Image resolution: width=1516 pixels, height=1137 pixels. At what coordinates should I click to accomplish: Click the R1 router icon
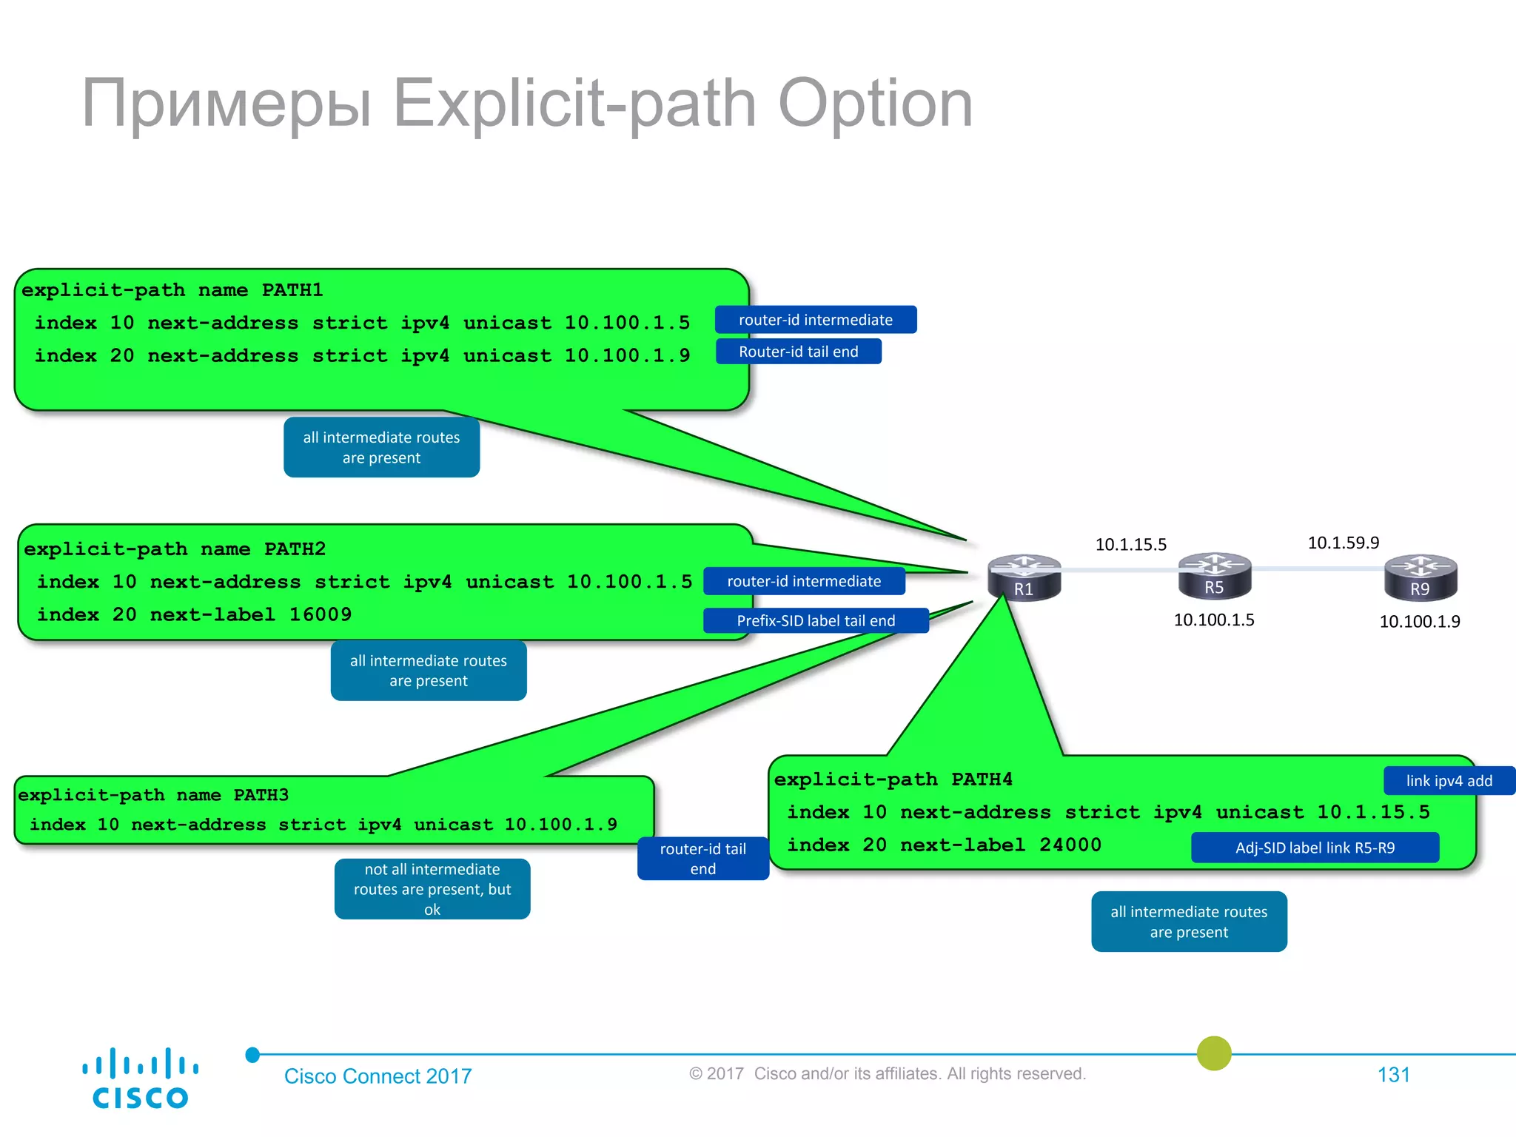point(1024,577)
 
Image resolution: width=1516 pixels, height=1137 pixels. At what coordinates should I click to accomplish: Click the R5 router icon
point(1215,575)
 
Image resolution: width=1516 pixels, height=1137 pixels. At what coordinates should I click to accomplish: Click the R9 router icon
point(1420,577)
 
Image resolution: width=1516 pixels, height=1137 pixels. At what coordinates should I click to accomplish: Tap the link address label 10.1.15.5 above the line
point(1130,545)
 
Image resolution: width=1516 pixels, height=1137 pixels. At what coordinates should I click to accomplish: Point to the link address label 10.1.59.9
point(1343,543)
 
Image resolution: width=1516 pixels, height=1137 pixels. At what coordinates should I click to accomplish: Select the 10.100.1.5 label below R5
point(1214,620)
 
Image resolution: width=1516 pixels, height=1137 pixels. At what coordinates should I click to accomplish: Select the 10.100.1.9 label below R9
point(1419,622)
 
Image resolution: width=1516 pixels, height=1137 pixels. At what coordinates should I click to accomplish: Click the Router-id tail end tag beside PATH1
point(799,352)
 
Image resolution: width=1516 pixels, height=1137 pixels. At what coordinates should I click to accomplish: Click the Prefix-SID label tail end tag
point(816,620)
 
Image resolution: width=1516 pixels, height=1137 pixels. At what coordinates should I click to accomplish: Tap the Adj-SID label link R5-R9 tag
point(1315,848)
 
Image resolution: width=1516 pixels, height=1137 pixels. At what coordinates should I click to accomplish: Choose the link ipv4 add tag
point(1449,781)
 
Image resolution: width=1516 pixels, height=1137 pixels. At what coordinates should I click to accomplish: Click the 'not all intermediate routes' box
point(432,889)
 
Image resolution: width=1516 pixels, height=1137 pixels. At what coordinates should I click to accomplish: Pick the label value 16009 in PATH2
point(321,614)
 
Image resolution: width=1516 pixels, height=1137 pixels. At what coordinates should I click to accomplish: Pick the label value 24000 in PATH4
point(1070,845)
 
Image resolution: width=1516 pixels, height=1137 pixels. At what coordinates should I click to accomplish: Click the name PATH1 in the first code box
point(292,290)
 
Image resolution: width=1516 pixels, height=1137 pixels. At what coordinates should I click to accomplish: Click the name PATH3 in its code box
point(261,795)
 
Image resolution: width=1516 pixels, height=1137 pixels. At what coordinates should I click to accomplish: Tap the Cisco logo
point(140,1078)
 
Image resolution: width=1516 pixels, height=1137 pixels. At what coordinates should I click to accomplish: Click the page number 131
point(1393,1075)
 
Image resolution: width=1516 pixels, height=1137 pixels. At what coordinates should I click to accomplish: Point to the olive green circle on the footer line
point(1214,1053)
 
